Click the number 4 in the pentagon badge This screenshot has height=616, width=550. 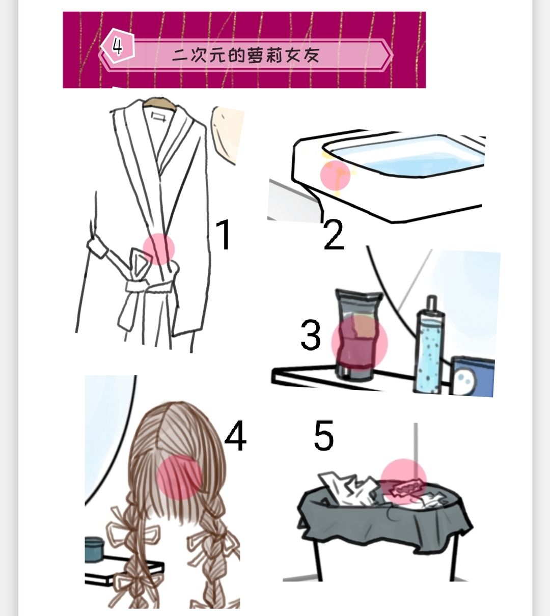click(118, 46)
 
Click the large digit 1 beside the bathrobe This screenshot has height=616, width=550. click(225, 235)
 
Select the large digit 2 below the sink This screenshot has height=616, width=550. click(334, 235)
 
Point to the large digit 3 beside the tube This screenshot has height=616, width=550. click(311, 335)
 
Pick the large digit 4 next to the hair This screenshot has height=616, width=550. click(235, 436)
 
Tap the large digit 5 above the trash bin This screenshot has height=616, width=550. click(324, 435)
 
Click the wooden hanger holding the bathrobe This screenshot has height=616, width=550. click(159, 102)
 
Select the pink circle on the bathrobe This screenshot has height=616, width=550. click(159, 249)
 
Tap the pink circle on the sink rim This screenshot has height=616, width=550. click(335, 176)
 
